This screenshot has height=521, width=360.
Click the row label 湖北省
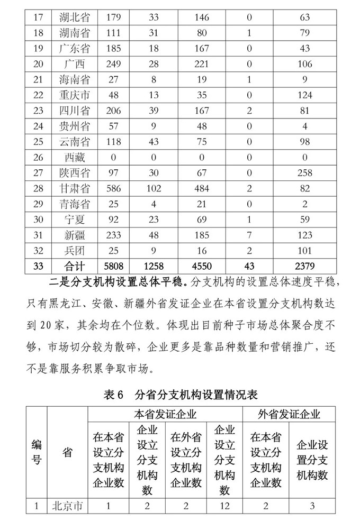pyautogui.click(x=74, y=17)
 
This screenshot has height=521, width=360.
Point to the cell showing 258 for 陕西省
pyautogui.click(x=304, y=172)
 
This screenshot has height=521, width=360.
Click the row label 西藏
pyautogui.click(x=74, y=157)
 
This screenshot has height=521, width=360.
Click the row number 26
pyautogui.click(x=37, y=157)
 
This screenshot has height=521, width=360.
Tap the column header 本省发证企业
pyautogui.click(x=165, y=414)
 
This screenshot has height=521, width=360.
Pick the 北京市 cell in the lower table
pyautogui.click(x=67, y=506)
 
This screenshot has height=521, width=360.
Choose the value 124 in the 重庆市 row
pyautogui.click(x=304, y=95)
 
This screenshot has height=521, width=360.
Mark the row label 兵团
pyautogui.click(x=74, y=250)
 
